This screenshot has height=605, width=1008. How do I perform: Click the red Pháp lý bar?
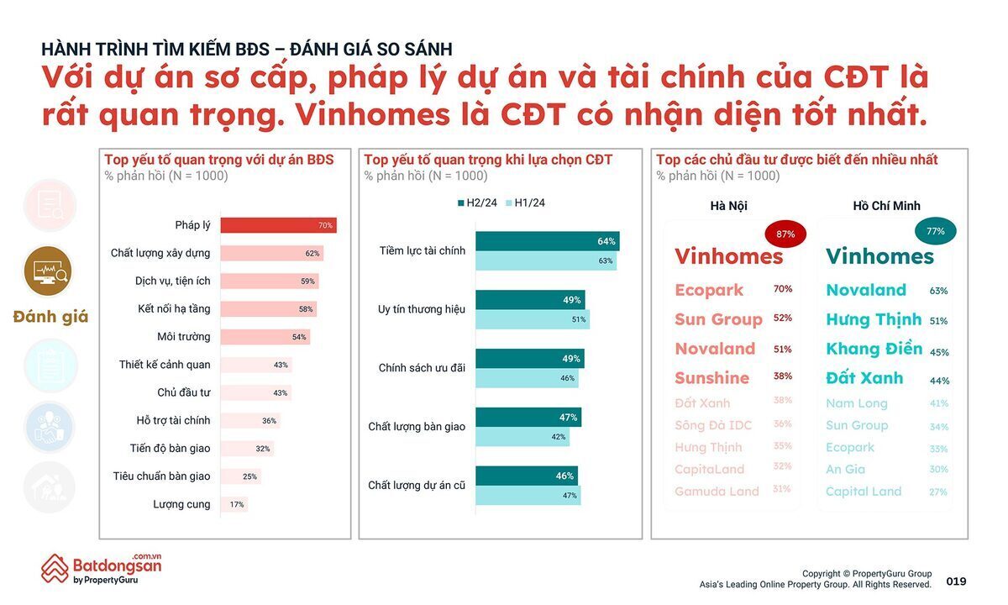point(278,225)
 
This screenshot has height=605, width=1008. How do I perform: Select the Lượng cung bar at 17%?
point(234,504)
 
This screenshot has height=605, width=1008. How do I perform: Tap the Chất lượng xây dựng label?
point(160,253)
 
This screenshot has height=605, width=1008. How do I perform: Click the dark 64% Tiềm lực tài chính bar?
point(547,241)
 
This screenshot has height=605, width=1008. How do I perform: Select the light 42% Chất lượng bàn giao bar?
point(522,437)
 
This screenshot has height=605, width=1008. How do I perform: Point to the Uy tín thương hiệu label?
point(422,309)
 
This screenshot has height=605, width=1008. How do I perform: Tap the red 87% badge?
point(786,234)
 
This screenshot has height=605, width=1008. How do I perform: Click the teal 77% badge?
point(935,231)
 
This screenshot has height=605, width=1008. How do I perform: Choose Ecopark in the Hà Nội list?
point(709,290)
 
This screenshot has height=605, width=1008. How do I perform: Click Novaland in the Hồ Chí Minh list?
point(866,290)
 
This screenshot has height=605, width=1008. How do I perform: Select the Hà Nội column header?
point(728,206)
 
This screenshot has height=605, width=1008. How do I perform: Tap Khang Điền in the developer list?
point(874,349)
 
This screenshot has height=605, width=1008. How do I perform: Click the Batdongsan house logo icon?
point(55,569)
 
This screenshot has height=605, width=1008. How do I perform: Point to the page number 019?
point(956,581)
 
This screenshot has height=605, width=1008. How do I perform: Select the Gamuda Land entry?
point(717,492)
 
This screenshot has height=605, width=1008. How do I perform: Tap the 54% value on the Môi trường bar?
point(298,337)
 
